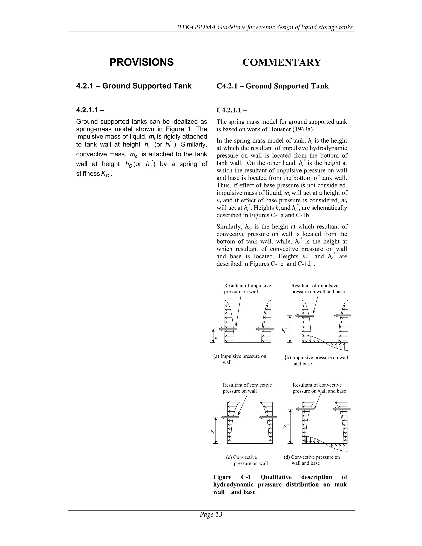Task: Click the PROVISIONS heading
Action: pyautogui.click(x=142, y=62)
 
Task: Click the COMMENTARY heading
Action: pyautogui.click(x=281, y=62)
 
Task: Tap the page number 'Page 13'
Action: pyautogui.click(x=211, y=514)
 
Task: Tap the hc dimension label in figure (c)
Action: pyautogui.click(x=212, y=432)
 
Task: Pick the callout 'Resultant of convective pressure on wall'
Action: pyautogui.click(x=247, y=388)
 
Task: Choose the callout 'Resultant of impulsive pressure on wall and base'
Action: pyautogui.click(x=318, y=289)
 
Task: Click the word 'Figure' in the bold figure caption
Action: pyautogui.click(x=222, y=477)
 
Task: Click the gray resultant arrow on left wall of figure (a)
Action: pyautogui.click(x=228, y=329)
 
